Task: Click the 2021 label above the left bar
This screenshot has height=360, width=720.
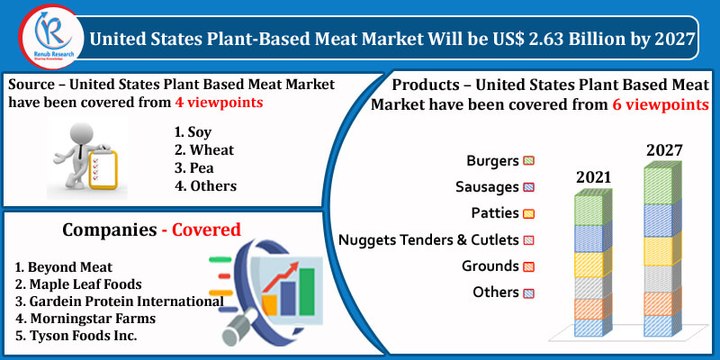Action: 592,177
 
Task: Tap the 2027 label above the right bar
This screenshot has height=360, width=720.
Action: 663,150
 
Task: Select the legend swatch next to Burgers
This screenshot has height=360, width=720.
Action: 530,160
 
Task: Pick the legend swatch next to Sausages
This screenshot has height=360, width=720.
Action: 530,187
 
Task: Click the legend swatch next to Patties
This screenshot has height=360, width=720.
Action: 530,213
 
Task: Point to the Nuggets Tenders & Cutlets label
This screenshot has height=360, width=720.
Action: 428,240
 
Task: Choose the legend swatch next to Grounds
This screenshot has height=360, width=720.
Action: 530,267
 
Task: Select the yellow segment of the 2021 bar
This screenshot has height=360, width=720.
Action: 590,263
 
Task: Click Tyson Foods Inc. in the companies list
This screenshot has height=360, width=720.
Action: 76,335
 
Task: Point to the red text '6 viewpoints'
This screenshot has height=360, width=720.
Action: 660,104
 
